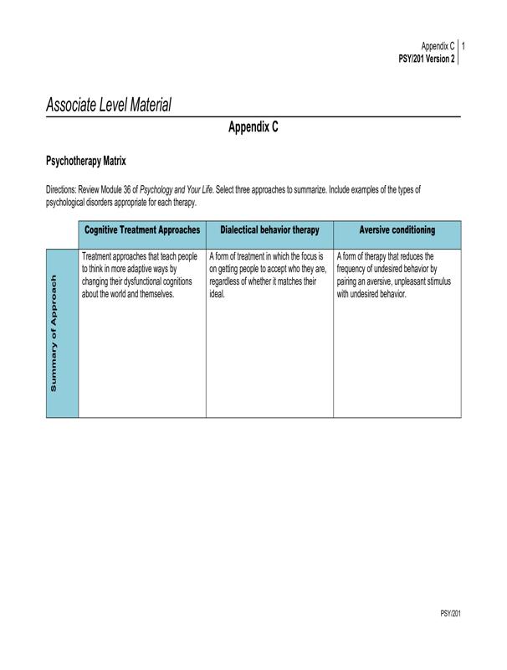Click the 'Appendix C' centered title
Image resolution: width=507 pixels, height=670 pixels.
tap(253, 127)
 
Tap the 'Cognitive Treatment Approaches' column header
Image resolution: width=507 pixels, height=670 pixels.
tap(142, 229)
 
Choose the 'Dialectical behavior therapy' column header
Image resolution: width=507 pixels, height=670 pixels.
tap(269, 229)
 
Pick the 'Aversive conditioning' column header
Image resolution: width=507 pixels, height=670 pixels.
tap(397, 229)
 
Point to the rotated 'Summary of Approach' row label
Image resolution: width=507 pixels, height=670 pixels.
tap(54, 332)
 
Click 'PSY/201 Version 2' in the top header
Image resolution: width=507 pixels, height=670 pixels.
tap(427, 59)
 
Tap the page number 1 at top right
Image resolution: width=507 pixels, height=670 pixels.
tap(463, 46)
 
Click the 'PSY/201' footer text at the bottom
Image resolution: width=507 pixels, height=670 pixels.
tap(450, 614)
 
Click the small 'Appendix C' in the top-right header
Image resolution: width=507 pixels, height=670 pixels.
tap(437, 46)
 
